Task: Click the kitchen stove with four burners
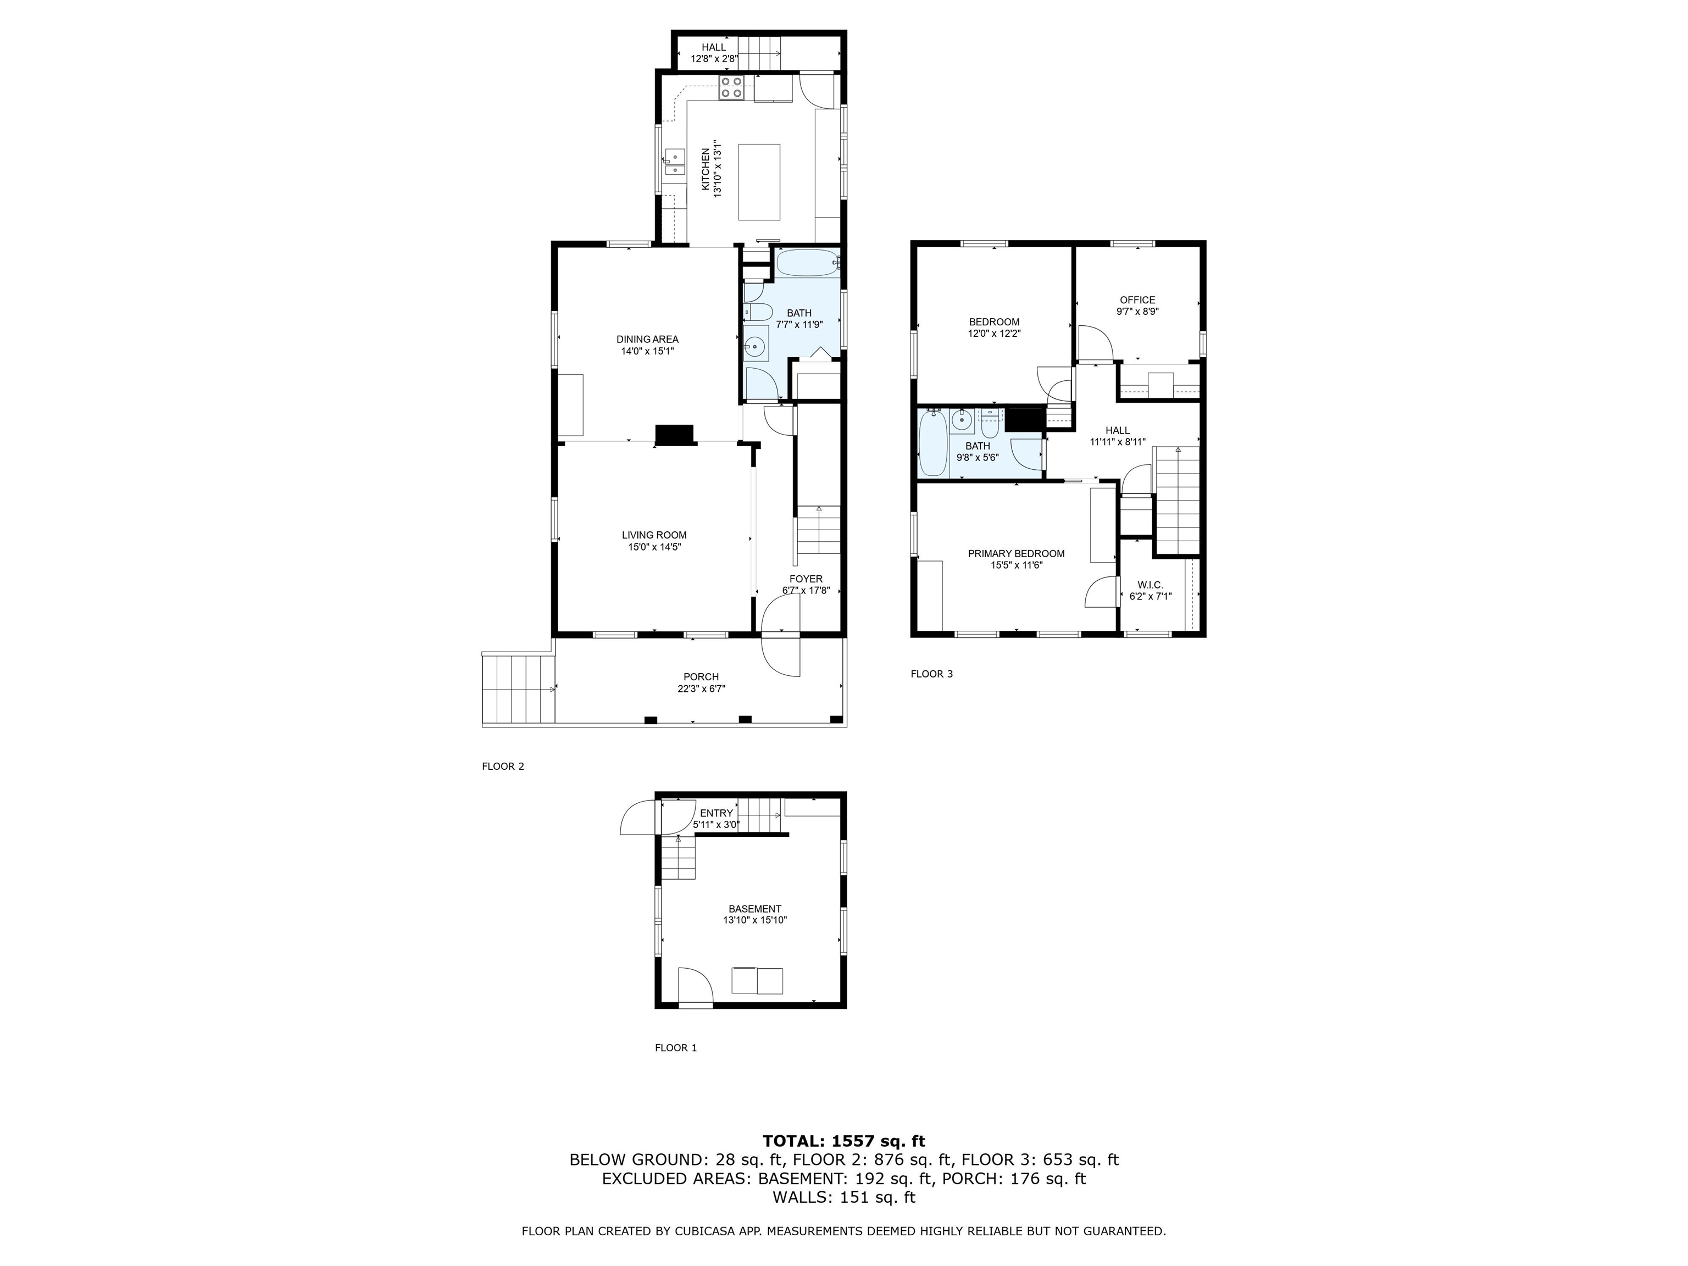[x=197, y=88]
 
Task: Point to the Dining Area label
[x=647, y=340]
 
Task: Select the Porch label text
[x=701, y=677]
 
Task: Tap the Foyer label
[x=806, y=579]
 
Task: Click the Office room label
[x=1137, y=300]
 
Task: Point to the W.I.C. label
[x=1150, y=585]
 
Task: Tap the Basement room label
[x=755, y=909]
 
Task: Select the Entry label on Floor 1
[x=716, y=813]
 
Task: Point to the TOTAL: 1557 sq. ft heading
[x=844, y=1141]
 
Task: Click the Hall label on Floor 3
[x=1117, y=430]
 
